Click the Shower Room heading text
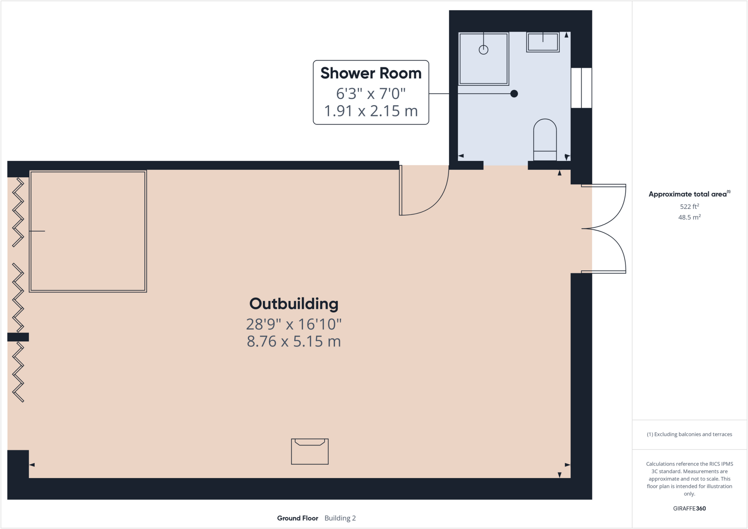371,73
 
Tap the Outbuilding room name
294,304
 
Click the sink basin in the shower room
543,42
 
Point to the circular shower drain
483,50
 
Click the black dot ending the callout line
514,94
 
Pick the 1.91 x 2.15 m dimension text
371,111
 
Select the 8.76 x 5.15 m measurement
294,341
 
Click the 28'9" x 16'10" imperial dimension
294,324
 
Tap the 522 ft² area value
689,206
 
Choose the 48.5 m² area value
689,217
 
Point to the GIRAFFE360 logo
689,508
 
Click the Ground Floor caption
297,518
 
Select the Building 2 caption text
340,518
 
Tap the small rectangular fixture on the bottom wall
310,452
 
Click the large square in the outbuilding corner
88,231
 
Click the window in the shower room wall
581,88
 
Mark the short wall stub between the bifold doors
18,337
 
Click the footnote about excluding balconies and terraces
689,434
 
